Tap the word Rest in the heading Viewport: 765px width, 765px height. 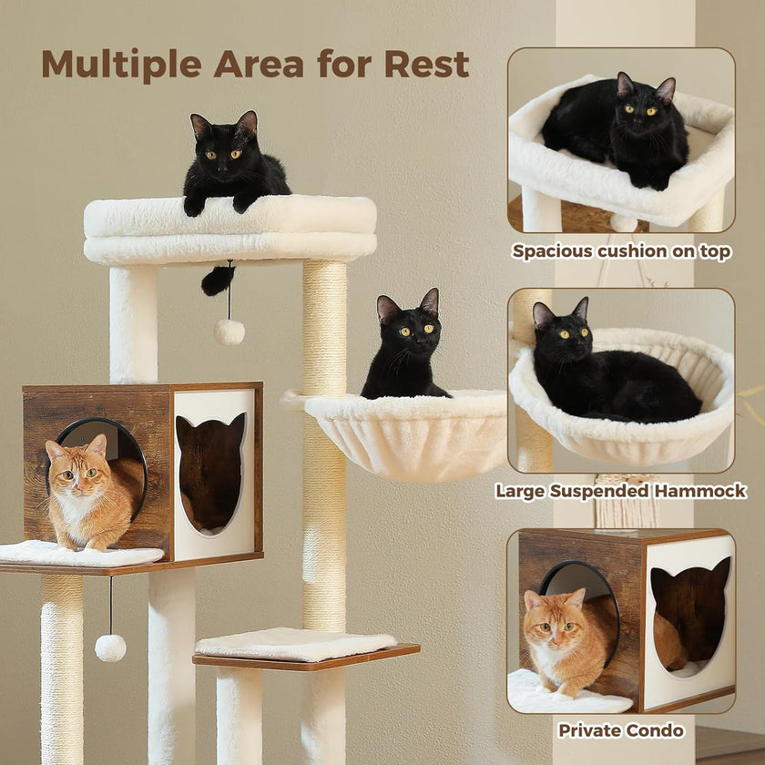(426, 65)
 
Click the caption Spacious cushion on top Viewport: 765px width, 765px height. (621, 251)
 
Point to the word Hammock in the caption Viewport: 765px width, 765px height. (704, 491)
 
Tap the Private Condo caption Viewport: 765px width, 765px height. (620, 730)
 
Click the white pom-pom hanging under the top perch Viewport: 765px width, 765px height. (229, 331)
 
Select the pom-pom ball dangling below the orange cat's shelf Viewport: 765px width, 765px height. (110, 648)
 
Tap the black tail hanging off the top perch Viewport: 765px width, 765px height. (217, 280)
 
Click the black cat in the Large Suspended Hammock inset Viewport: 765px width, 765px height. (601, 364)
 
